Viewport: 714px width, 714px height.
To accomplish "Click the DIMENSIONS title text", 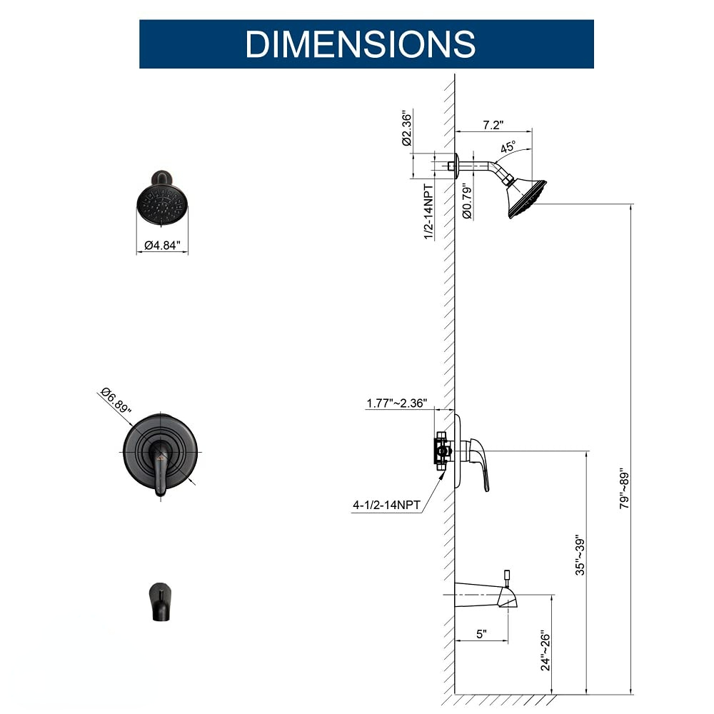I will pyautogui.click(x=361, y=44).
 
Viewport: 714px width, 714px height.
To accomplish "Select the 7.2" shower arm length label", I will pyautogui.click(x=493, y=125).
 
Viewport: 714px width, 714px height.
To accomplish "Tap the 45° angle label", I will pyautogui.click(x=508, y=149).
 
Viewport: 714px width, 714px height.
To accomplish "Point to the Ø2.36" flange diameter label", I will pyautogui.click(x=406, y=129).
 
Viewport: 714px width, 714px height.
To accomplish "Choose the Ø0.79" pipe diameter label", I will pyautogui.click(x=467, y=201).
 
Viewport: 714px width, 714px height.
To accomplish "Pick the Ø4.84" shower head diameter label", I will pyautogui.click(x=163, y=246).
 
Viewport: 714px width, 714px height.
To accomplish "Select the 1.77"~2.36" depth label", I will pyautogui.click(x=396, y=403).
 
